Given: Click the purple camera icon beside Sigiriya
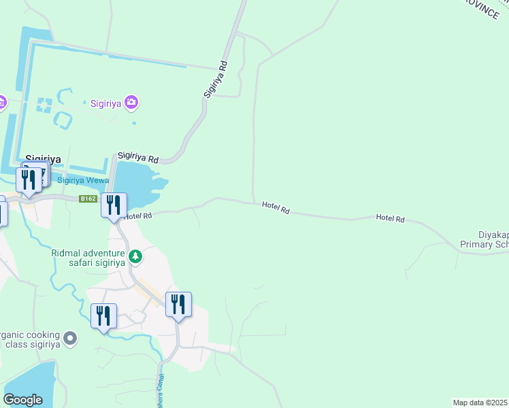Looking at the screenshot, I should click(131, 103).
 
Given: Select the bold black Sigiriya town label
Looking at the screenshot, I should click(43, 160).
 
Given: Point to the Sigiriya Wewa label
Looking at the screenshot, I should click(84, 180).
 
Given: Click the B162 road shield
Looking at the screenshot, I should click(87, 199).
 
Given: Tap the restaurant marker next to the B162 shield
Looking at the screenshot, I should click(114, 204).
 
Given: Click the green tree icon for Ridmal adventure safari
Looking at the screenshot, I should click(135, 256).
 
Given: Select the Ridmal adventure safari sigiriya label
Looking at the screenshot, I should click(88, 257).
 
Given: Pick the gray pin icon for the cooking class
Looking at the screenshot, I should click(70, 337).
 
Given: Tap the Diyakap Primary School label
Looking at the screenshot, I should click(485, 239).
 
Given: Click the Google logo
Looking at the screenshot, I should click(23, 400).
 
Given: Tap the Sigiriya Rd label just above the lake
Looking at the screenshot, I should click(138, 157).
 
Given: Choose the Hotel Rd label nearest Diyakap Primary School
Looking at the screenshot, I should click(391, 219).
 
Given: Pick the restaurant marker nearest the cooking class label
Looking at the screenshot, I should click(103, 317).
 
